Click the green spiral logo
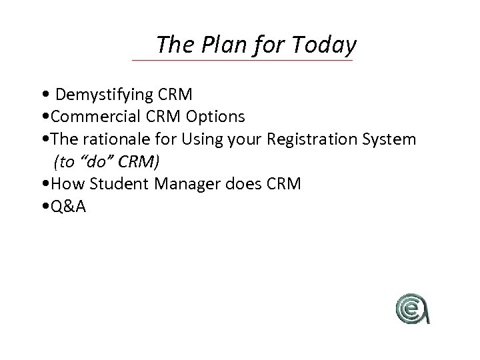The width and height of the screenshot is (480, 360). pos(411,308)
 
